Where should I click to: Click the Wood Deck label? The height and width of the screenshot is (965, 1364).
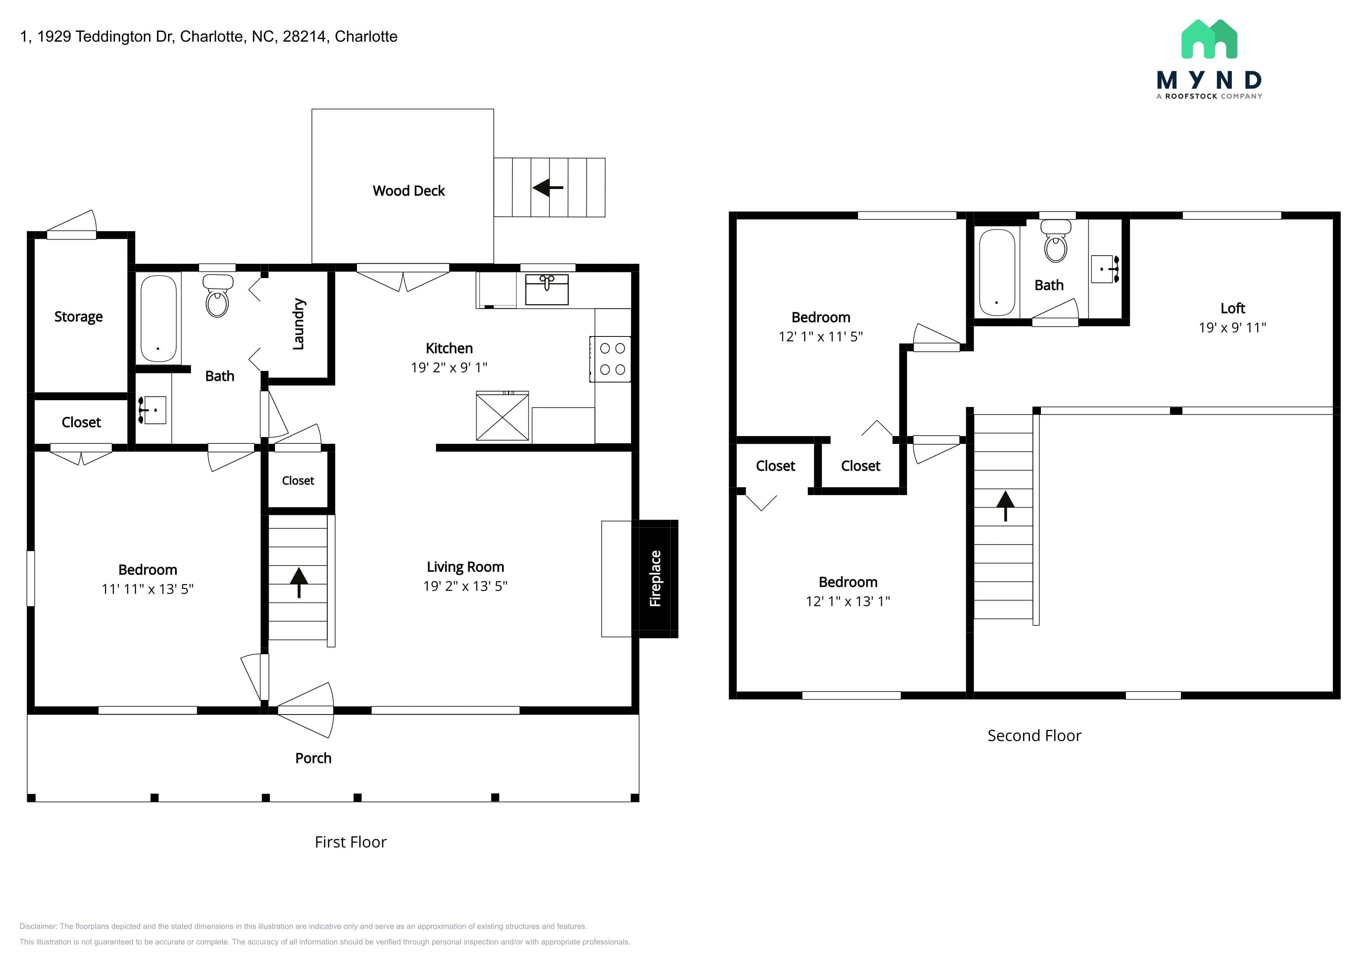(409, 191)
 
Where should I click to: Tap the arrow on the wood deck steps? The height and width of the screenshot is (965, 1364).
(548, 188)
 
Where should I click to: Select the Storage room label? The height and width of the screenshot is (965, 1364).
(79, 317)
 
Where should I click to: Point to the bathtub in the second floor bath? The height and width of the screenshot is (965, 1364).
(997, 272)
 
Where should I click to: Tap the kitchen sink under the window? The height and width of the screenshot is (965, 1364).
(547, 289)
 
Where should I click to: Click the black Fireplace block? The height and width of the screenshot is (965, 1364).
(655, 579)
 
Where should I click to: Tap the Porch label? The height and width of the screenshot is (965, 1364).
(313, 758)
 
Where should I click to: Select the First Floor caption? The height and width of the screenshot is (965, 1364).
(350, 842)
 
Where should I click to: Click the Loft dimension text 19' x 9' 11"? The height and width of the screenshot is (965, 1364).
(1232, 328)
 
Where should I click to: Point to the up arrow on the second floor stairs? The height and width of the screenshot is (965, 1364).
(1005, 506)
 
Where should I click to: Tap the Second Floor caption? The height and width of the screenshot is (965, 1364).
(1034, 736)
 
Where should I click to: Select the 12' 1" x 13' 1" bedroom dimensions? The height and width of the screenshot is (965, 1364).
(848, 601)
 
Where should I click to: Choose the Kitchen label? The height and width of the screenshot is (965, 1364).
(449, 348)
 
